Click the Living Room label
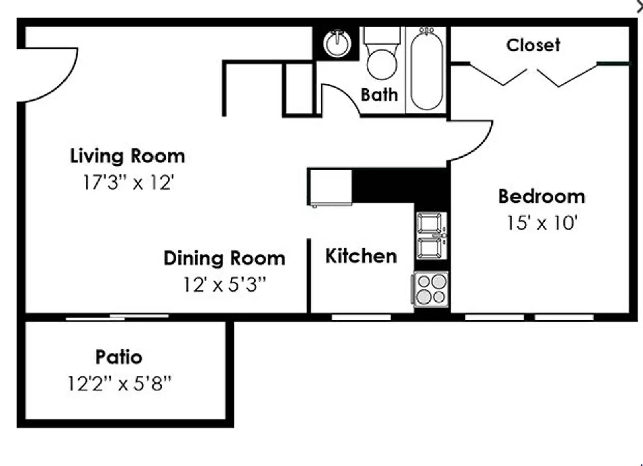[127, 156]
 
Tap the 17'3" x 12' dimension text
[128, 183]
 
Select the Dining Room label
[224, 258]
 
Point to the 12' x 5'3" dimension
[224, 285]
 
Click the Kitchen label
[361, 256]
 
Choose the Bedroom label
[541, 197]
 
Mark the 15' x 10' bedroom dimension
[541, 223]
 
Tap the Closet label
[533, 45]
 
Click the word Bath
[379, 95]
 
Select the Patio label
[119, 357]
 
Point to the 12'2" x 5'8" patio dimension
[119, 383]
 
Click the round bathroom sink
[337, 43]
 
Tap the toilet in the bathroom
[381, 56]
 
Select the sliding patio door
[117, 317]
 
